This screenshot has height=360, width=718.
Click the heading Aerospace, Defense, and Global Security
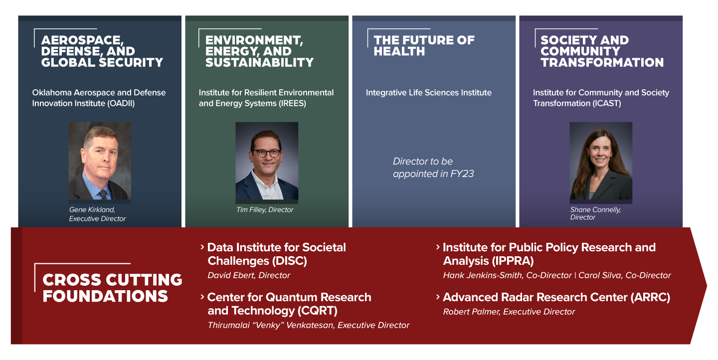tap(102, 51)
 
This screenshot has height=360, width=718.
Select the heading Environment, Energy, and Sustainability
tap(259, 51)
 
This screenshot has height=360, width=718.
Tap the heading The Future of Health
tap(424, 46)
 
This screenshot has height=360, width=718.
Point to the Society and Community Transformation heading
tap(602, 51)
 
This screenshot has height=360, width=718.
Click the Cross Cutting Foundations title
tap(112, 288)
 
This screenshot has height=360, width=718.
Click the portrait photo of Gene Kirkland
tap(100, 161)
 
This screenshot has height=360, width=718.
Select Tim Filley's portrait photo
tap(267, 161)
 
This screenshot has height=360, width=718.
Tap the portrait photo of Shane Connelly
tap(601, 161)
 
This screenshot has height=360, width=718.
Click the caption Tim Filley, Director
tap(265, 210)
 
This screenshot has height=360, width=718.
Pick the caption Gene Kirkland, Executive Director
tap(97, 214)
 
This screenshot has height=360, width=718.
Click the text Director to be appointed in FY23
tap(423, 168)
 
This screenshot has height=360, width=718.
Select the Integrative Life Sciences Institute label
tap(429, 93)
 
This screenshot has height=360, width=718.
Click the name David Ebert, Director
tap(249, 275)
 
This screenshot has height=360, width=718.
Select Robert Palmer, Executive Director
tap(509, 312)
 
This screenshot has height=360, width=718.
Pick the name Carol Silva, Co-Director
tap(624, 275)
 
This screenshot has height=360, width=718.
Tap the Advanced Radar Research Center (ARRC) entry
tap(556, 298)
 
